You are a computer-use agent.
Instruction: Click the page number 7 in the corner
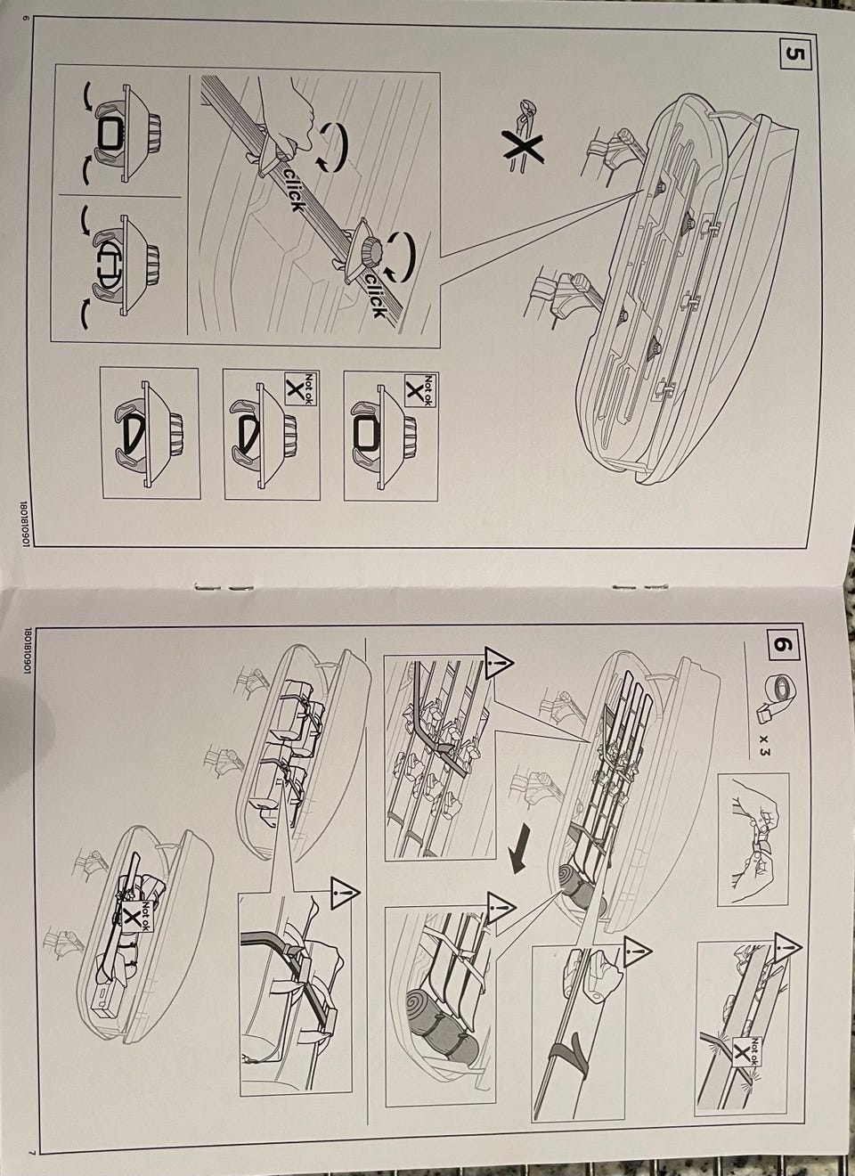pyautogui.click(x=32, y=1152)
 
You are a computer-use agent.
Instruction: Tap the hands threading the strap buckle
pyautogui.click(x=753, y=837)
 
